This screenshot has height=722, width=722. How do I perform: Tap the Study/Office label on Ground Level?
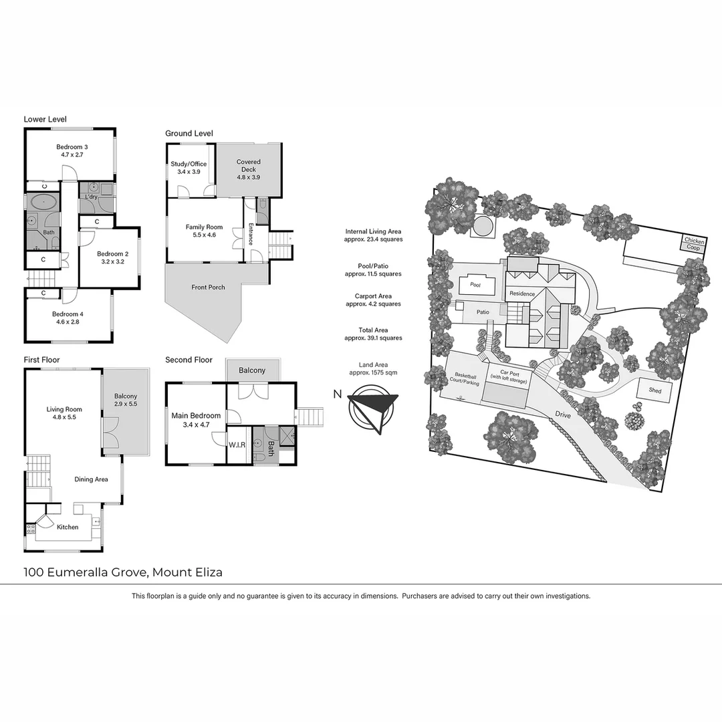coord(189,164)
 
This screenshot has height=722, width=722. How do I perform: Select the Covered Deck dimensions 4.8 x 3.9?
coord(249,178)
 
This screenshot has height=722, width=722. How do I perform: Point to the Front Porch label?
coord(208,287)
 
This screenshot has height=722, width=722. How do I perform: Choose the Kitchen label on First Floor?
coord(68,527)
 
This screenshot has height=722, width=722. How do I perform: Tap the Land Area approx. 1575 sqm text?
coord(374,368)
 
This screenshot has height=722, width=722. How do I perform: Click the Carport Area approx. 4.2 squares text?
coord(374,299)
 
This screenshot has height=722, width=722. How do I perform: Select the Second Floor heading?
coord(189,360)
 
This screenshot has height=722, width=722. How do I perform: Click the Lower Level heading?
coord(45,119)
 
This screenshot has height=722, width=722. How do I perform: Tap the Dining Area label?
coord(92,479)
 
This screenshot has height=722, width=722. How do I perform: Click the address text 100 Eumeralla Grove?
coord(87,572)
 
